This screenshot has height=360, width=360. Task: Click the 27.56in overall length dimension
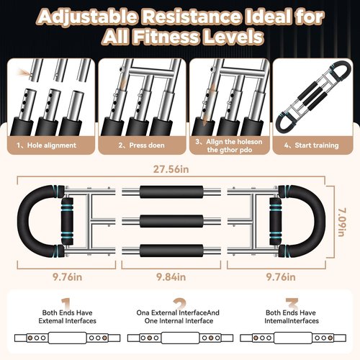[171, 169]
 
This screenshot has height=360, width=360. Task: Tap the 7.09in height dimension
[342, 222]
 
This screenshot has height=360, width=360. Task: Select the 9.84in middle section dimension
[171, 277]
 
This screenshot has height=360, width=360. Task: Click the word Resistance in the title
[190, 17]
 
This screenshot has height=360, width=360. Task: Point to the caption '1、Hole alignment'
[46, 145]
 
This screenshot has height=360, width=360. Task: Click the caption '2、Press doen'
[141, 145]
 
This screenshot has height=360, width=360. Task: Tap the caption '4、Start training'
[311, 145]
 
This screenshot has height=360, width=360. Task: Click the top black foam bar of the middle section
[171, 192]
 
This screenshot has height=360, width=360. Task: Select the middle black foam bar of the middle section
[171, 221]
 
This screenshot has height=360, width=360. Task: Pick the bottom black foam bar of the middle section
[171, 251]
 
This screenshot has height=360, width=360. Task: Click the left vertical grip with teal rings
[67, 221]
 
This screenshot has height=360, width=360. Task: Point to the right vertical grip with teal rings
[275, 221]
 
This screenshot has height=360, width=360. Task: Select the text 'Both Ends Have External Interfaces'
[67, 317]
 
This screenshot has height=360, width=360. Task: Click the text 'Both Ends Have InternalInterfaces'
[292, 317]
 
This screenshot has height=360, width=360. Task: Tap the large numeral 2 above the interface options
[179, 304]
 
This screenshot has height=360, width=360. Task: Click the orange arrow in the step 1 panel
[24, 72]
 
